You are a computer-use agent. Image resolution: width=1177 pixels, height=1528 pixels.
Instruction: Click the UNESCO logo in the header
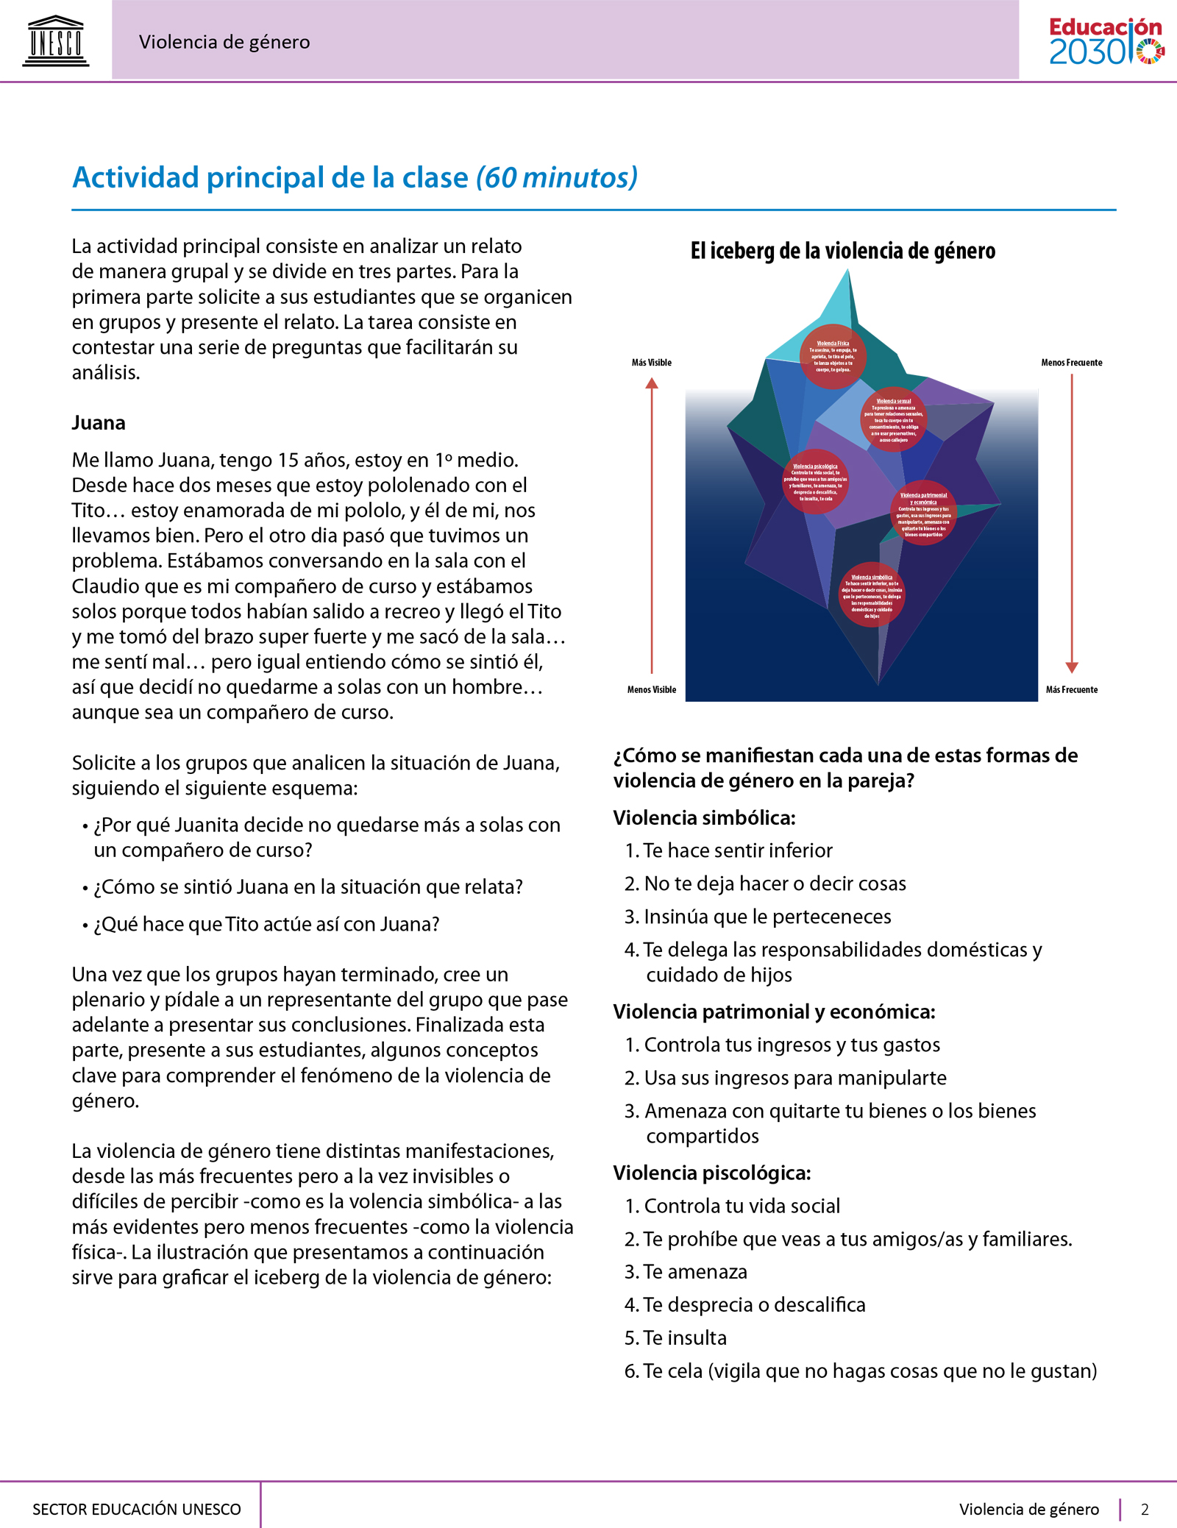(56, 41)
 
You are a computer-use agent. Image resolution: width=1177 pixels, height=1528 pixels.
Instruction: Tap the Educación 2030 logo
(1106, 41)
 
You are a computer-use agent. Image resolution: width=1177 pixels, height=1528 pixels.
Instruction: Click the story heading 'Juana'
(99, 423)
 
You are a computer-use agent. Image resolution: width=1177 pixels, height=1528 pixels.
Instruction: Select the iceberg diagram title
(842, 252)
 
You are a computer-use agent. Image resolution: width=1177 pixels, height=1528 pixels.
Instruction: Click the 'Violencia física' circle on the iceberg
(833, 357)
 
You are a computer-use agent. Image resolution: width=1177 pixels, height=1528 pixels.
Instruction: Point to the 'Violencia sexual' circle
(894, 419)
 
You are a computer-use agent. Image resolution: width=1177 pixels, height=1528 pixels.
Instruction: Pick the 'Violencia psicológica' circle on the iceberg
(815, 482)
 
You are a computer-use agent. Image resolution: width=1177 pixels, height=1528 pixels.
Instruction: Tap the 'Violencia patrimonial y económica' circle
(923, 514)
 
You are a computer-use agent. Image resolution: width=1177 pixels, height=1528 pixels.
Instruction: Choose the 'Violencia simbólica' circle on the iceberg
(872, 594)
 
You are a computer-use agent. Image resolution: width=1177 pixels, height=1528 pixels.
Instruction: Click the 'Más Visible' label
(651, 363)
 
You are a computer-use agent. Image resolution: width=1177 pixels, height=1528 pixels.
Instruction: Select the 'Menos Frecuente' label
(1071, 363)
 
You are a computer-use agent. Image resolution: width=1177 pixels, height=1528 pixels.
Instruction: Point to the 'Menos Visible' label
(651, 689)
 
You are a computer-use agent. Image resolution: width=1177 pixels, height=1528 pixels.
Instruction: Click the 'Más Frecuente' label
(1071, 689)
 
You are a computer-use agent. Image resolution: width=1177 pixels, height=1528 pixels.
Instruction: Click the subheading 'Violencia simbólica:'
(704, 818)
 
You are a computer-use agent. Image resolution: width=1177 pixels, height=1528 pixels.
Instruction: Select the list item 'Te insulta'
(685, 1337)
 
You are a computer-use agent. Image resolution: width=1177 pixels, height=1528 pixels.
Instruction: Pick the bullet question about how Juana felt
(307, 887)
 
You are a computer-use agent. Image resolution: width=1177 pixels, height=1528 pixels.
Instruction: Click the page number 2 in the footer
(1145, 1510)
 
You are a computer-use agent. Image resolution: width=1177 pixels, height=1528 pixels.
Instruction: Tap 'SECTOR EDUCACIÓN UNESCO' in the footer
(137, 1510)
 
